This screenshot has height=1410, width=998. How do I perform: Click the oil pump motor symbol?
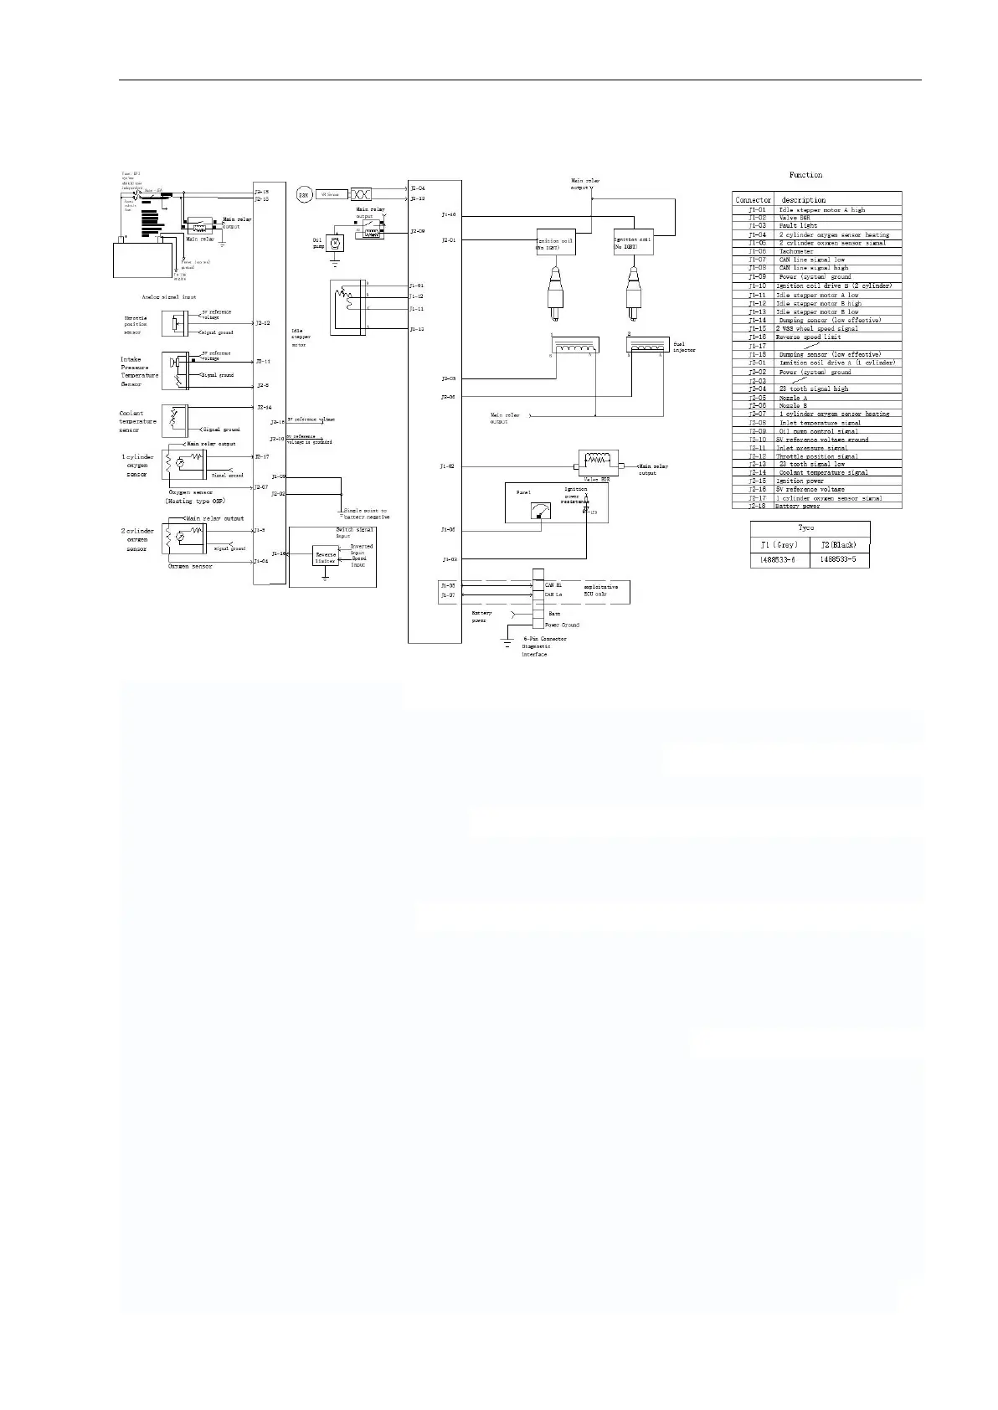point(336,244)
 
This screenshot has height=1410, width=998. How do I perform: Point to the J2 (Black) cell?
point(840,544)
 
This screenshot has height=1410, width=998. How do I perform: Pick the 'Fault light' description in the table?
point(798,225)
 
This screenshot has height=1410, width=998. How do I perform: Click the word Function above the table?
point(805,175)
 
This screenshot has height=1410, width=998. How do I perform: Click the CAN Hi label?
point(553,585)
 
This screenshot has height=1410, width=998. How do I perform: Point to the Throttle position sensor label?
point(136,325)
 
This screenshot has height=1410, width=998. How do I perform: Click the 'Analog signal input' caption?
point(168,297)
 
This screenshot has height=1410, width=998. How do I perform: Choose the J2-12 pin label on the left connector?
point(262,323)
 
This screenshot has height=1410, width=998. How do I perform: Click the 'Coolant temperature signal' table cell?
point(823,472)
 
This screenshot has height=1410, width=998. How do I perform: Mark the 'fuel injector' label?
point(684,347)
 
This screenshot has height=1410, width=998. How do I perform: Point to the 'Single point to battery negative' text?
point(366,513)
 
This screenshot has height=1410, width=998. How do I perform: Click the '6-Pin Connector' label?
point(544,639)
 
